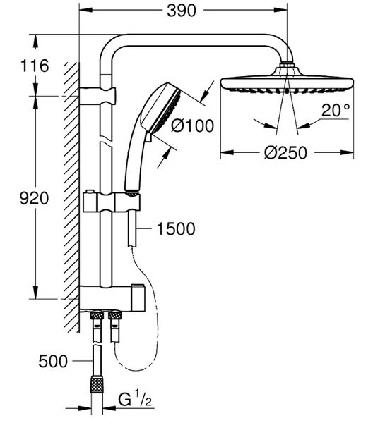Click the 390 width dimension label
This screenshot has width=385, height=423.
tap(181, 11)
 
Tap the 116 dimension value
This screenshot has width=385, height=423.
tap(35, 66)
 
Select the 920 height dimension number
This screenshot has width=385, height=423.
tap(35, 198)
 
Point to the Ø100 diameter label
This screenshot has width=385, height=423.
tap(192, 125)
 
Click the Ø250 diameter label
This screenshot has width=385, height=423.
tap(285, 153)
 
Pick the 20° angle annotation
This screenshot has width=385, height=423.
tap(336, 110)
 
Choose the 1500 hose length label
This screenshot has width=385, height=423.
tap(176, 228)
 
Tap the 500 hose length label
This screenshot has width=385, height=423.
tap(53, 361)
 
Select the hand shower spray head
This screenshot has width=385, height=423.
tap(162, 109)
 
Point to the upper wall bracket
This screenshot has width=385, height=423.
tap(97, 95)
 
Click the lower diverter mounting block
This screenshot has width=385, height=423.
tap(112, 298)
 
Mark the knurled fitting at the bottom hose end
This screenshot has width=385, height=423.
tap(97, 384)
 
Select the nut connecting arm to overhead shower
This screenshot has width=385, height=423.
tap(287, 65)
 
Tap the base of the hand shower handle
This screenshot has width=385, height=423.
tap(132, 192)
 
